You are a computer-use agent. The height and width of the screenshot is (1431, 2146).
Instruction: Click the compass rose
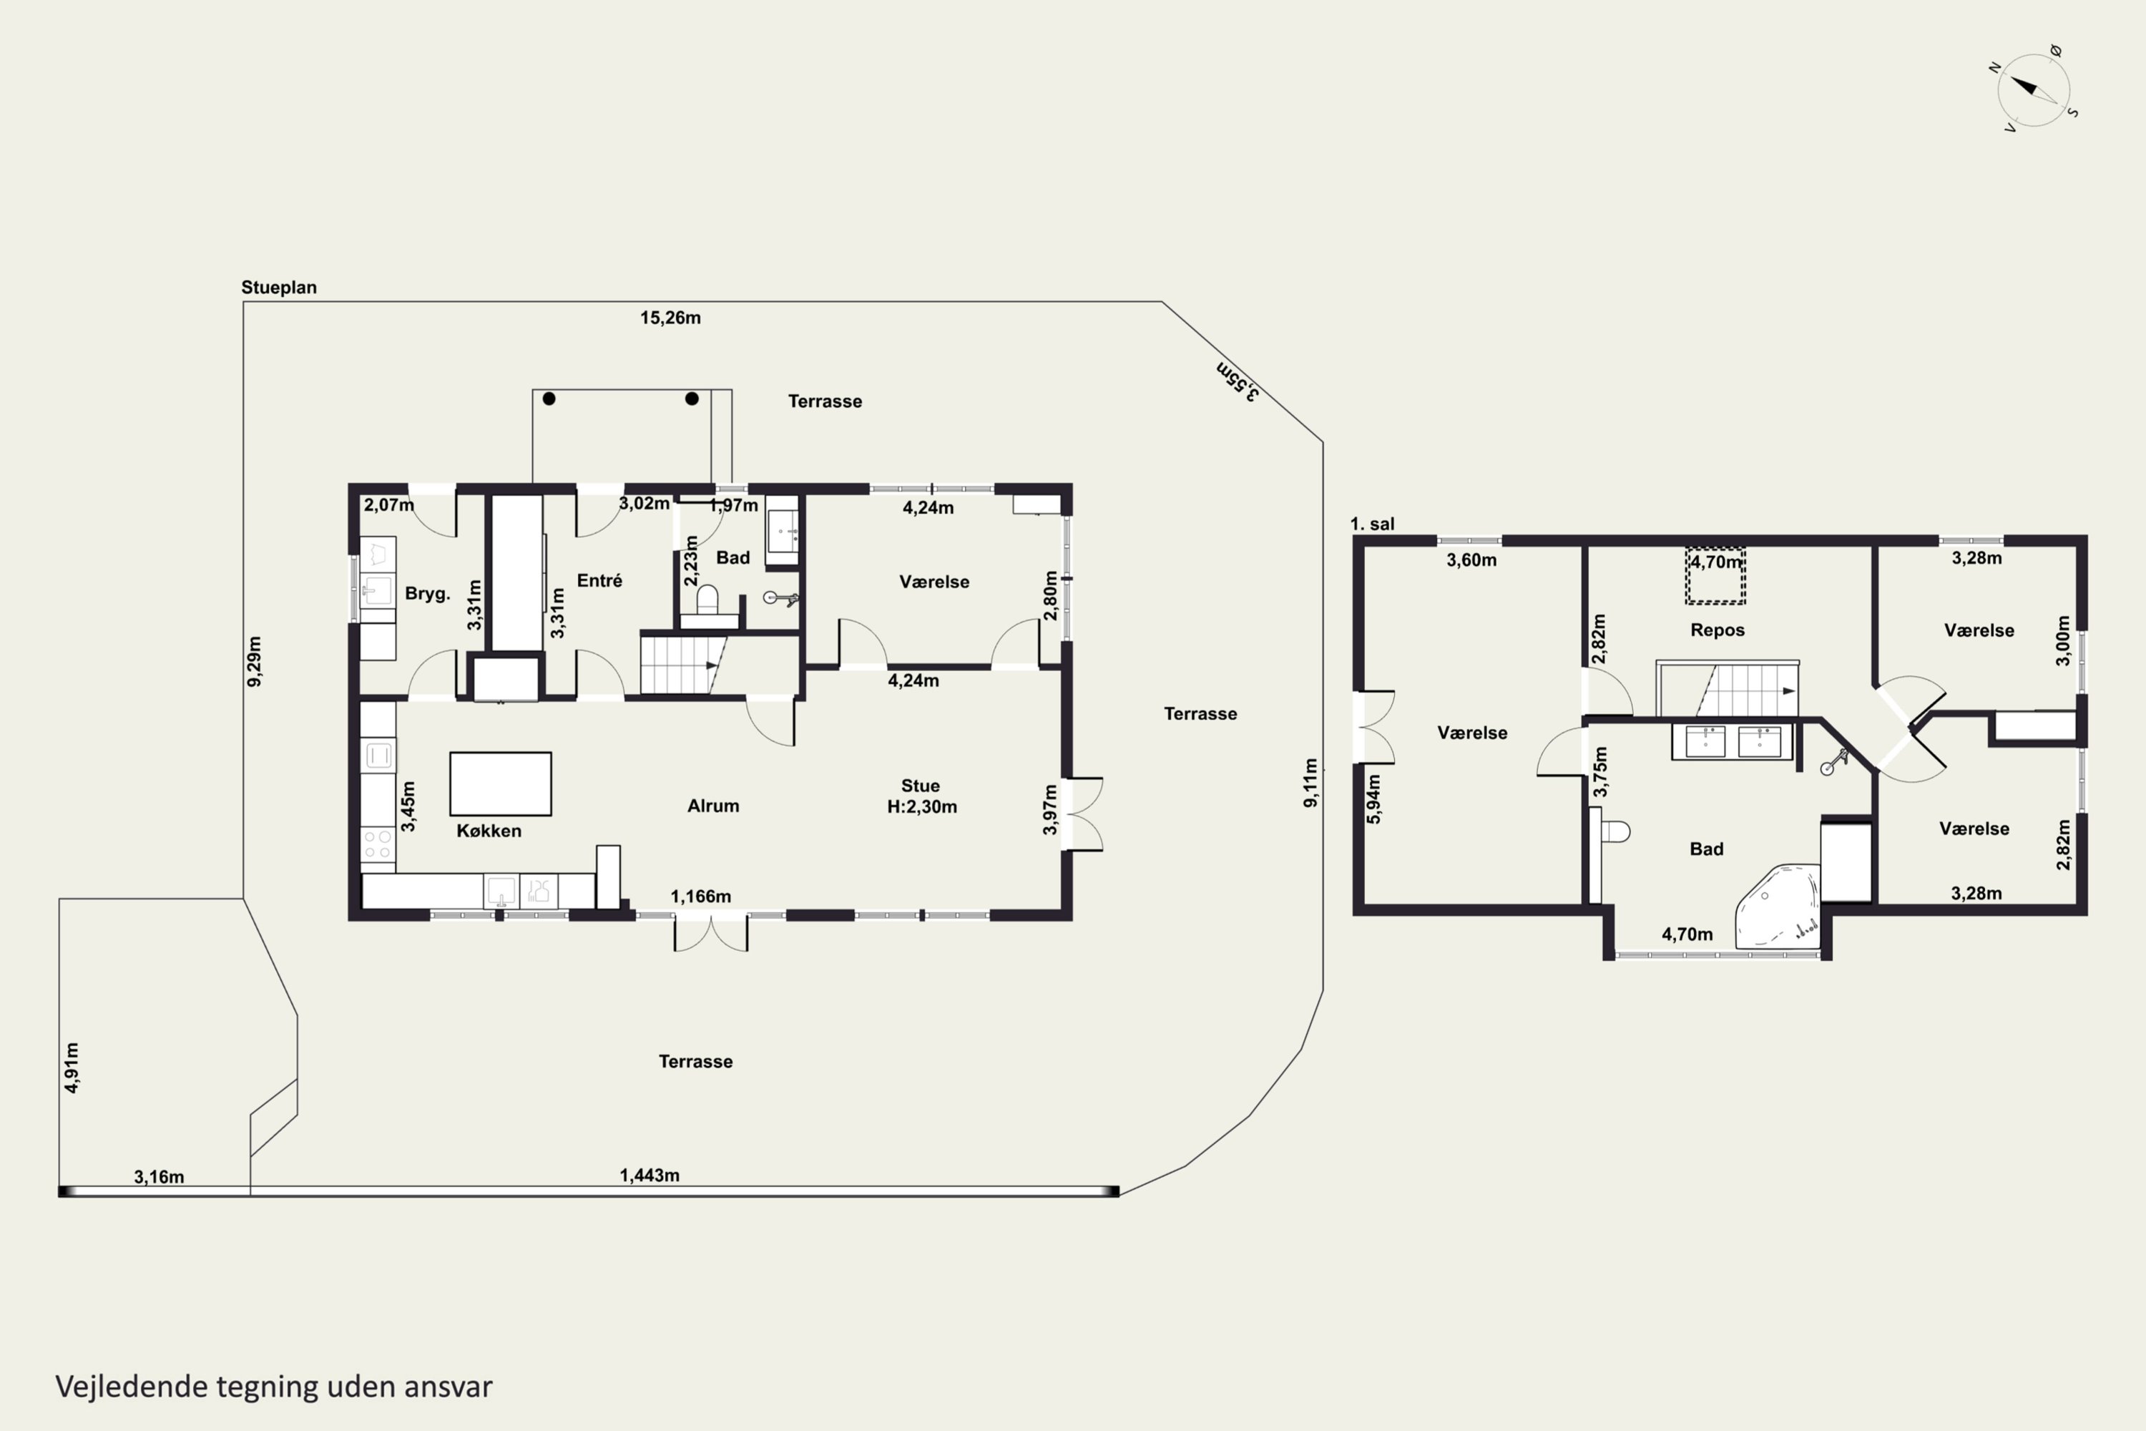pyautogui.click(x=2033, y=89)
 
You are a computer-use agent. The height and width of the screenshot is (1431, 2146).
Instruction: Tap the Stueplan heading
pyautogui.click(x=278, y=288)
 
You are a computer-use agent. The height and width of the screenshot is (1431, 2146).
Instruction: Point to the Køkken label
pyautogui.click(x=489, y=831)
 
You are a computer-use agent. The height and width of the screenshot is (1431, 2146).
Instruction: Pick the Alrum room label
pyautogui.click(x=712, y=806)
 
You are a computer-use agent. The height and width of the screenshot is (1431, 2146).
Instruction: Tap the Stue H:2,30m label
pyautogui.click(x=921, y=796)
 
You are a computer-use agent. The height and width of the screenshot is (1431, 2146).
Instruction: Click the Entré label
pyautogui.click(x=599, y=580)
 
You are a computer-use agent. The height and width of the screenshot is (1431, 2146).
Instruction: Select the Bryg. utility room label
pyautogui.click(x=427, y=594)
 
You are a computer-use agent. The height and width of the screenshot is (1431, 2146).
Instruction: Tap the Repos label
pyautogui.click(x=1718, y=630)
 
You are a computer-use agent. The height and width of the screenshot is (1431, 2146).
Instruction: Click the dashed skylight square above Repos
pyautogui.click(x=1715, y=576)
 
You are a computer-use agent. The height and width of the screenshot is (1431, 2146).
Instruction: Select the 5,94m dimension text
pyautogui.click(x=1373, y=799)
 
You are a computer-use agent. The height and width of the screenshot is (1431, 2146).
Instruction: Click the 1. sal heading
pyautogui.click(x=1372, y=524)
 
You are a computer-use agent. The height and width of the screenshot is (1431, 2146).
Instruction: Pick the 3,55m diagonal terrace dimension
pyautogui.click(x=1238, y=381)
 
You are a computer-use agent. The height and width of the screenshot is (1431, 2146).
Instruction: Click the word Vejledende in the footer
pyautogui.click(x=132, y=1387)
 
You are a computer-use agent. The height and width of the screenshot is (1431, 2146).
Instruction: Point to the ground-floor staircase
pyautogui.click(x=682, y=665)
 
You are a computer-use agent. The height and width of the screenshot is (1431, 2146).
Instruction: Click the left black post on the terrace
pyautogui.click(x=549, y=399)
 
